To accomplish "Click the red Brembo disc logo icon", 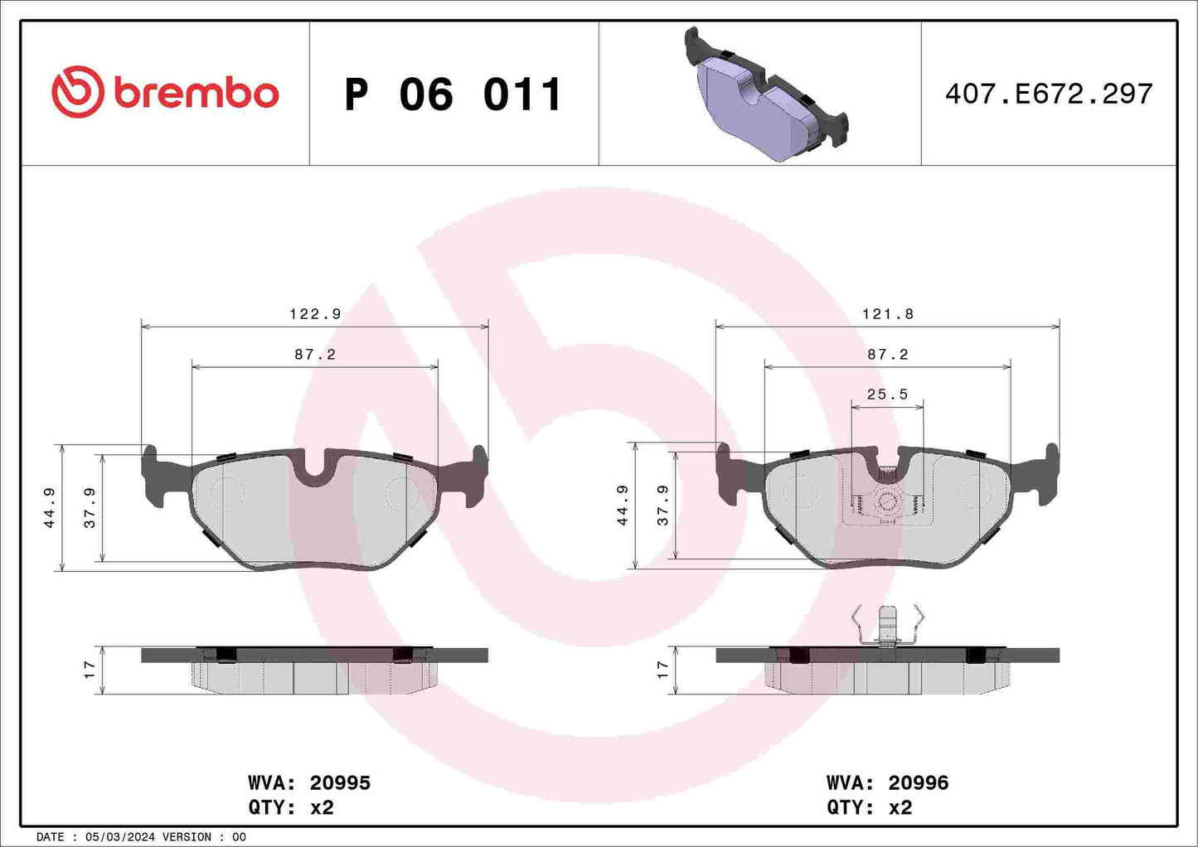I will click(77, 92).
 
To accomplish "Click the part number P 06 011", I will click(453, 94).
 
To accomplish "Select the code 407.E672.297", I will click(1048, 94).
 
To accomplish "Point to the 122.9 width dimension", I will click(315, 314).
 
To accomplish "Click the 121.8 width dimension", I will click(887, 314).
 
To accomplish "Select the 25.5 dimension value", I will click(887, 394).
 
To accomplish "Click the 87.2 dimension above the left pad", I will click(315, 354).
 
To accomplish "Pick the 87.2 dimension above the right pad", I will click(887, 354).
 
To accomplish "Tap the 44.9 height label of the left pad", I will click(50, 507).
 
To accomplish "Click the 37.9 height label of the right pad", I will click(662, 506).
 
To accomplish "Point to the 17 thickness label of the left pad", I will click(90, 670).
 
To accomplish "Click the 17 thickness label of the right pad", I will click(662, 670).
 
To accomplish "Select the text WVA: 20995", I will click(308, 782).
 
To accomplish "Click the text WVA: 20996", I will click(887, 782).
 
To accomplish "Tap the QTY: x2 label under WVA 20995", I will click(290, 807).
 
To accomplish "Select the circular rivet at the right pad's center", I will click(887, 501).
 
